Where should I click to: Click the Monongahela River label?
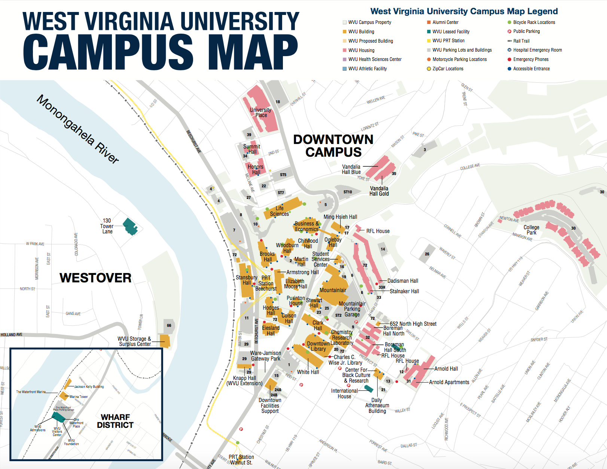(78, 129)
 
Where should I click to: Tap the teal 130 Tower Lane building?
(130, 226)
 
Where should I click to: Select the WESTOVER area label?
(95, 278)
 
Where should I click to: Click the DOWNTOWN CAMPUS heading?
(333, 146)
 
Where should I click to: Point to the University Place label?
(260, 113)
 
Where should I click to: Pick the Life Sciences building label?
(280, 211)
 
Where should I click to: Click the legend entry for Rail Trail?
(521, 41)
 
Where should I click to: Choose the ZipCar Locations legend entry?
(448, 69)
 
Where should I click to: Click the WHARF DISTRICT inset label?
(115, 421)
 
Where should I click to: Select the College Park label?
(531, 230)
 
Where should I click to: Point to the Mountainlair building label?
(333, 290)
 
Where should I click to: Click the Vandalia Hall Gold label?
(379, 191)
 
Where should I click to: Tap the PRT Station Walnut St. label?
(241, 460)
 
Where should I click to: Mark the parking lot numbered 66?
(169, 325)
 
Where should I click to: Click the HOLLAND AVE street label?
(12, 335)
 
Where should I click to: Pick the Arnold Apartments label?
(449, 382)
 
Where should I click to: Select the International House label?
(344, 393)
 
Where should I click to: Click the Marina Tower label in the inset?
(79, 397)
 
